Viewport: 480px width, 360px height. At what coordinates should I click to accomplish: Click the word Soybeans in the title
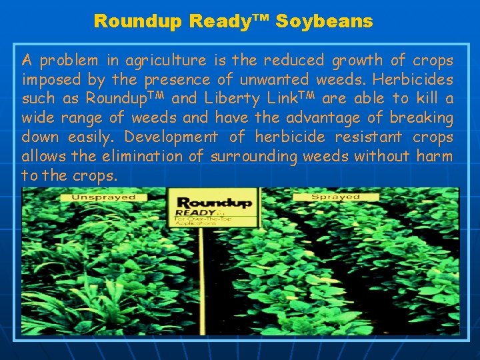[x=324, y=22]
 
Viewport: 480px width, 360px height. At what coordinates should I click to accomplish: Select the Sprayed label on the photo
[x=336, y=197]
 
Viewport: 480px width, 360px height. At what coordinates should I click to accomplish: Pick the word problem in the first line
[x=65, y=61]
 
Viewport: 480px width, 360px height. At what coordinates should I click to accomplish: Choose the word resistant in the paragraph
[x=372, y=137]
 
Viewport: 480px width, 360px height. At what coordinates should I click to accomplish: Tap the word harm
[x=435, y=157]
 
